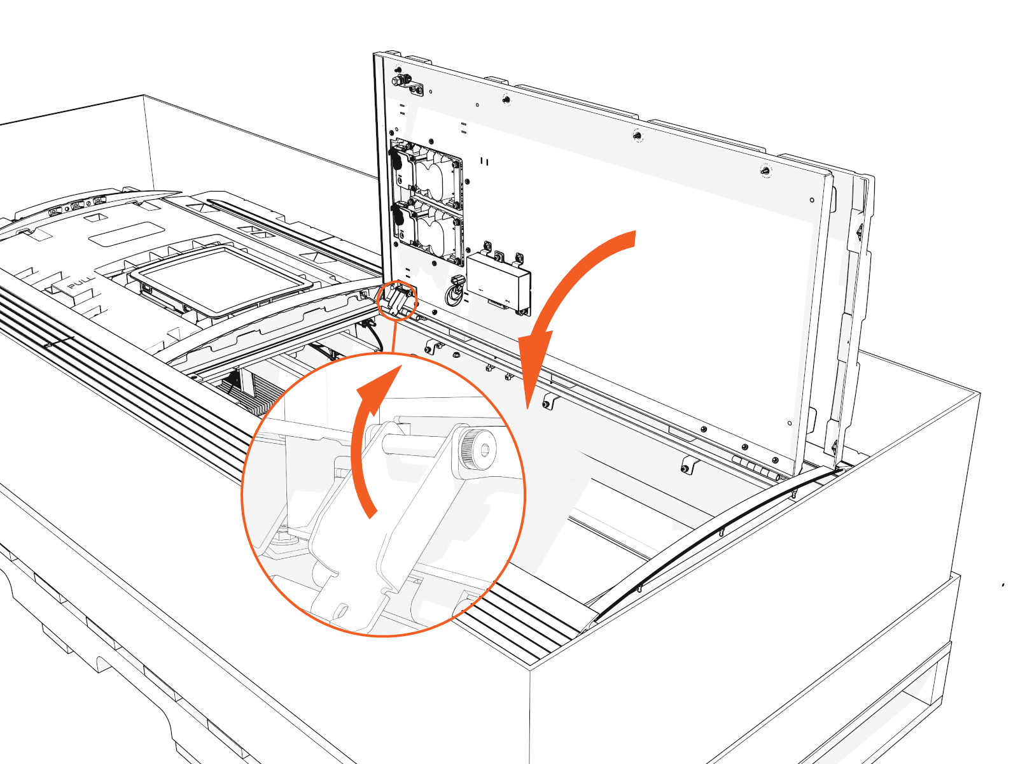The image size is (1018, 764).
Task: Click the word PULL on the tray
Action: point(81,282)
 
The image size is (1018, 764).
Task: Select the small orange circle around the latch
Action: point(397,301)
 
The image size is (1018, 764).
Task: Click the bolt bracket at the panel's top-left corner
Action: point(408,83)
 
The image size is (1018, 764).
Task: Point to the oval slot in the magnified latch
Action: point(341,610)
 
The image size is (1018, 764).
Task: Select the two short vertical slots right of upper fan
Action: point(485,162)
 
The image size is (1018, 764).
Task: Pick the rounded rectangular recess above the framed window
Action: point(127,234)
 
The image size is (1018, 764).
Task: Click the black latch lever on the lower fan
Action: point(397,216)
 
